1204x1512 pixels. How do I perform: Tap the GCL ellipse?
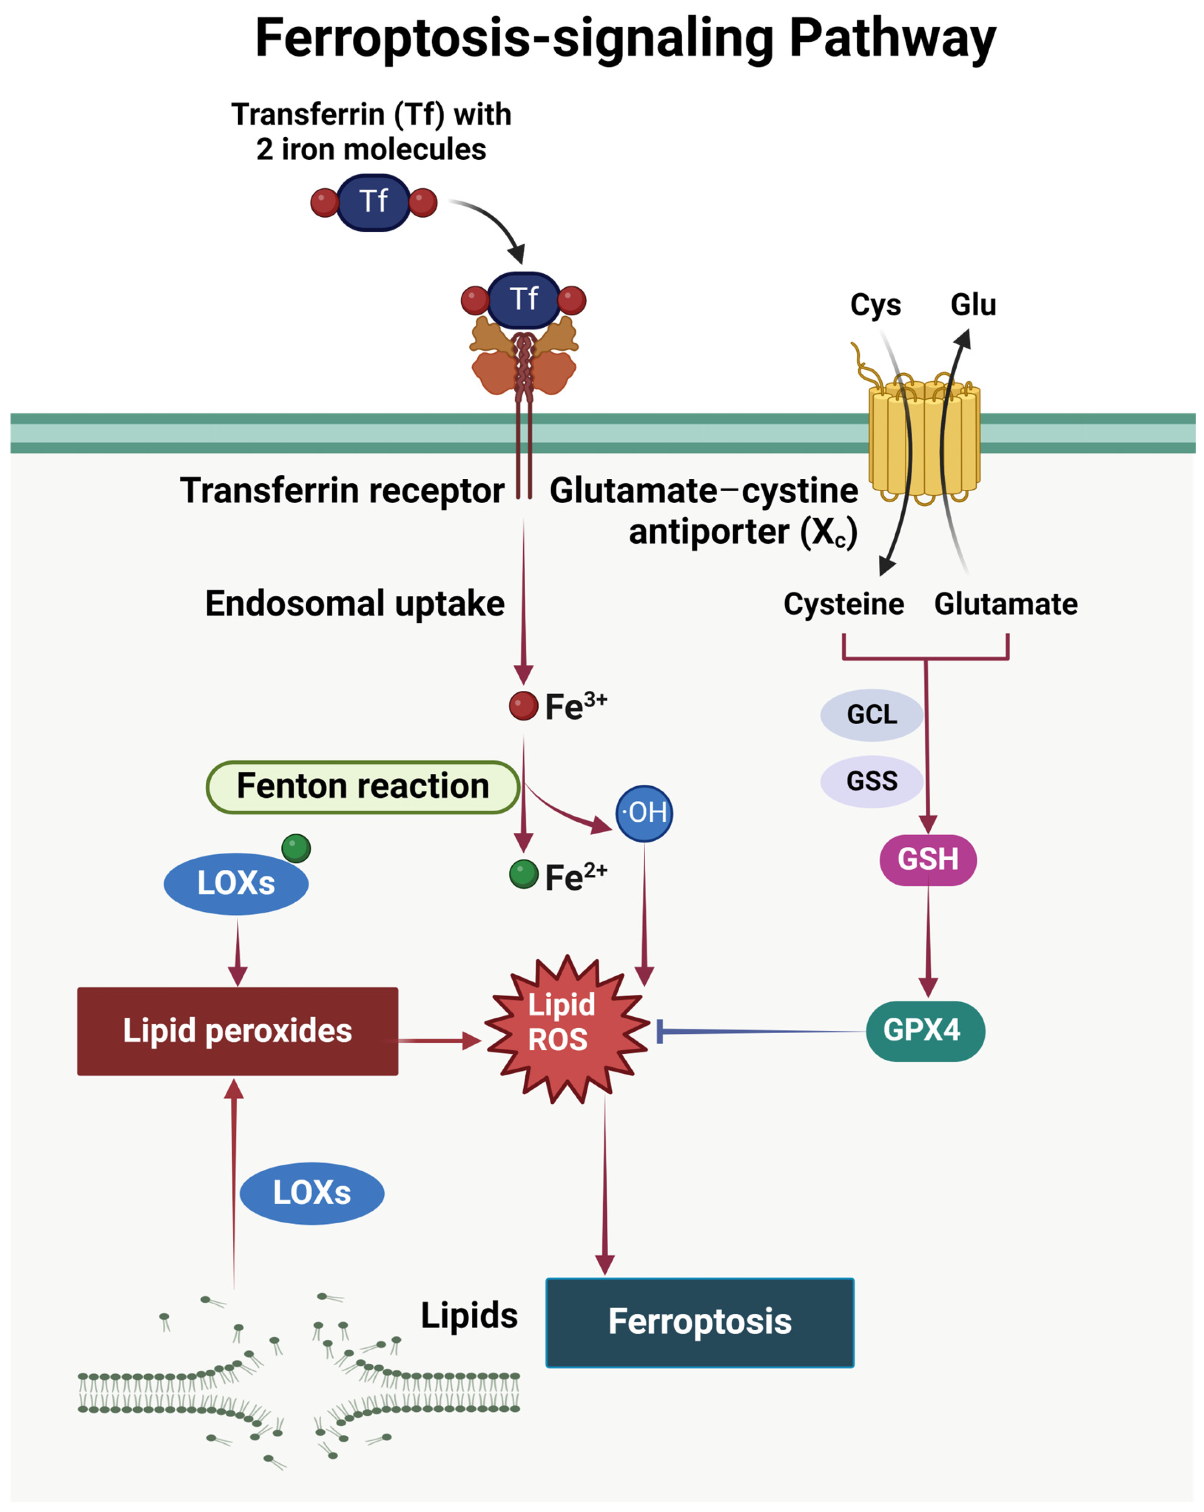(872, 715)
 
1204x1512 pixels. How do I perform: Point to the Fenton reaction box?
(363, 787)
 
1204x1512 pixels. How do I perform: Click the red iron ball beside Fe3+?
(523, 706)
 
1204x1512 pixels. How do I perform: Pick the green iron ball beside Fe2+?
(523, 874)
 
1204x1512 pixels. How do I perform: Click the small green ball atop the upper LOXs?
(296, 848)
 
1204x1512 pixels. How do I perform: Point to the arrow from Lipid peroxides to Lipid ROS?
(440, 1041)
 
